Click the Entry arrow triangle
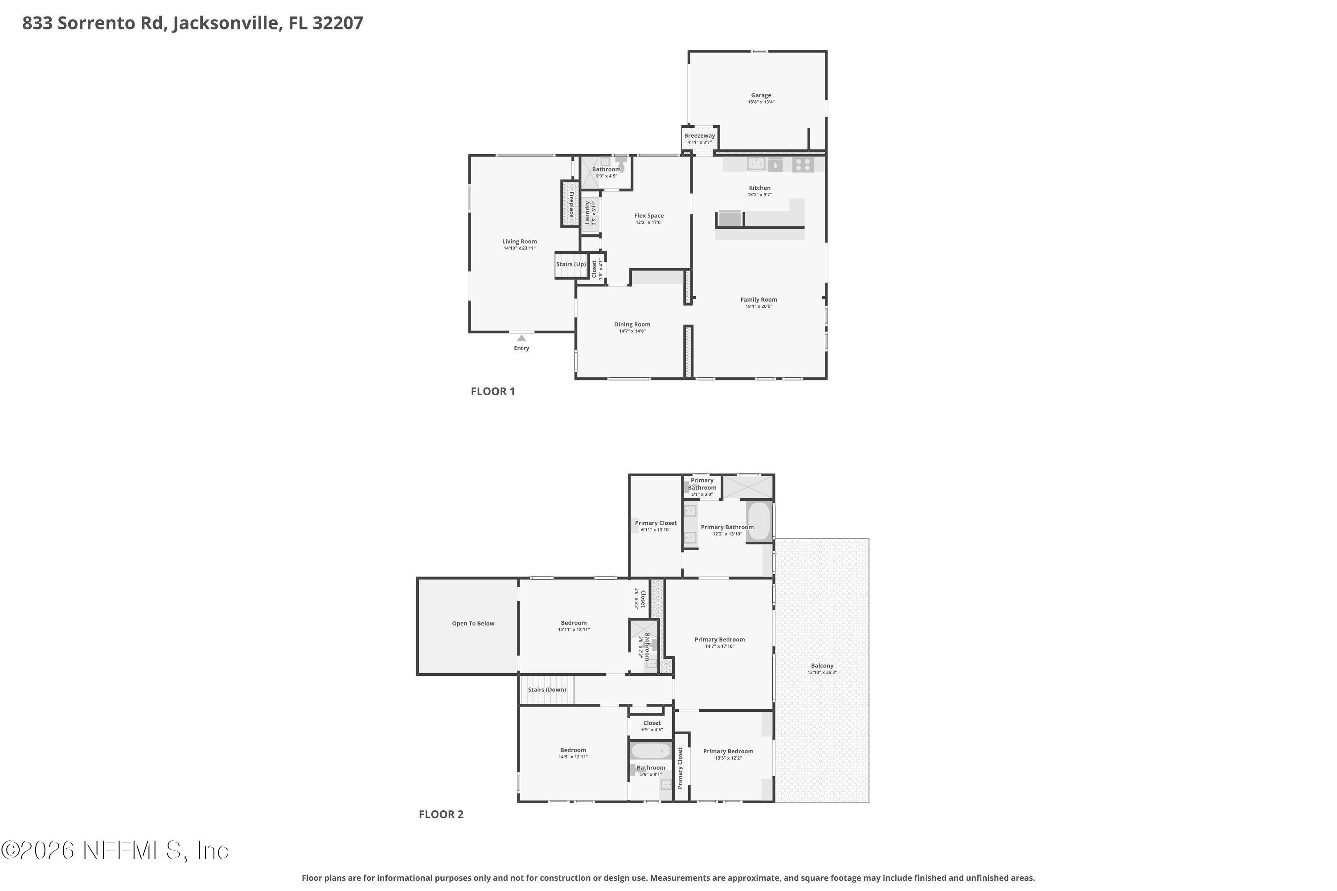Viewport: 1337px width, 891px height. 521,338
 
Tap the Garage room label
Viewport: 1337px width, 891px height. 761,95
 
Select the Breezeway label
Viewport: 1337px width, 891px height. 699,136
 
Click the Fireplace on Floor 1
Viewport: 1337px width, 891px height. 570,204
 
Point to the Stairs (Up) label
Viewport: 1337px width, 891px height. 571,264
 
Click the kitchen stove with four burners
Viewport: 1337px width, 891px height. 803,165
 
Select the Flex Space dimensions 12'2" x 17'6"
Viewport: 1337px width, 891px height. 648,222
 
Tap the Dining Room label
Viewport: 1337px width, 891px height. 632,324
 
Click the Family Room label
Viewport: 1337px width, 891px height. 759,299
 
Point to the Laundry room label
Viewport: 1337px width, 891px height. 587,213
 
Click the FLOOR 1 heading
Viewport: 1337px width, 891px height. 492,391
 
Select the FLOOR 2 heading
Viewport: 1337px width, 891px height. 441,814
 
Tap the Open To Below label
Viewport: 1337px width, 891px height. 473,623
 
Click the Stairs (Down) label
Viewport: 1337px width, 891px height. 547,690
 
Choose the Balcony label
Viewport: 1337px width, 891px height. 822,666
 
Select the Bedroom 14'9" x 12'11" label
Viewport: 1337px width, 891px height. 572,750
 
